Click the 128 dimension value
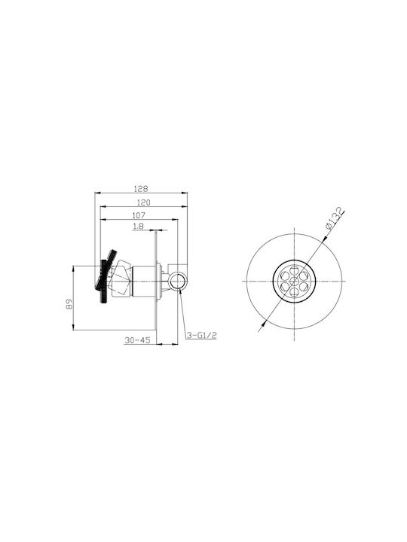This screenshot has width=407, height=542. click(x=141, y=189)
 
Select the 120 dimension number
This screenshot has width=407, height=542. click(x=144, y=202)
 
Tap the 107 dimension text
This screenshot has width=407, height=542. click(x=139, y=215)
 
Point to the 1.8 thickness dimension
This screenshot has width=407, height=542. click(x=138, y=227)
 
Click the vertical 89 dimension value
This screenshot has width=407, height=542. click(x=70, y=304)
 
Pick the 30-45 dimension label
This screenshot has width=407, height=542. click(x=137, y=340)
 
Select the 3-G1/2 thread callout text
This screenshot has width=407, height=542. click(x=201, y=335)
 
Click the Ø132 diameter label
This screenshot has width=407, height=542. click(x=335, y=218)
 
